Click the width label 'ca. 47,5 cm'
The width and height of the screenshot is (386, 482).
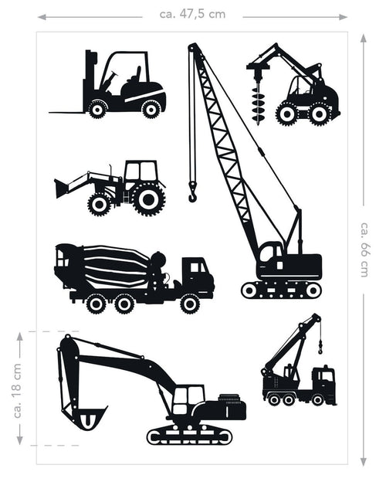192,15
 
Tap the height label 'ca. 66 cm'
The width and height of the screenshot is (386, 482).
364,250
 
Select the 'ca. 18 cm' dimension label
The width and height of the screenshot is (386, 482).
18,390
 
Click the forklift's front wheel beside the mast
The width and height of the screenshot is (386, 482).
97,109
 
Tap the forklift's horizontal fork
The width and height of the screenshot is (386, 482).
67,113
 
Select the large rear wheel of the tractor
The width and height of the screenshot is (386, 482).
148,199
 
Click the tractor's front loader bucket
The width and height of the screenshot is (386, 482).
61,188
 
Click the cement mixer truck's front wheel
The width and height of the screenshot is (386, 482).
190,304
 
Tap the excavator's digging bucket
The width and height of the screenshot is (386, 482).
87,417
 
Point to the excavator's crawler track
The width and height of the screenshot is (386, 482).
190,436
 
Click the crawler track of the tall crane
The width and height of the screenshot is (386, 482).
281,290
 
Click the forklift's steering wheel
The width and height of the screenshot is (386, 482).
113,75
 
